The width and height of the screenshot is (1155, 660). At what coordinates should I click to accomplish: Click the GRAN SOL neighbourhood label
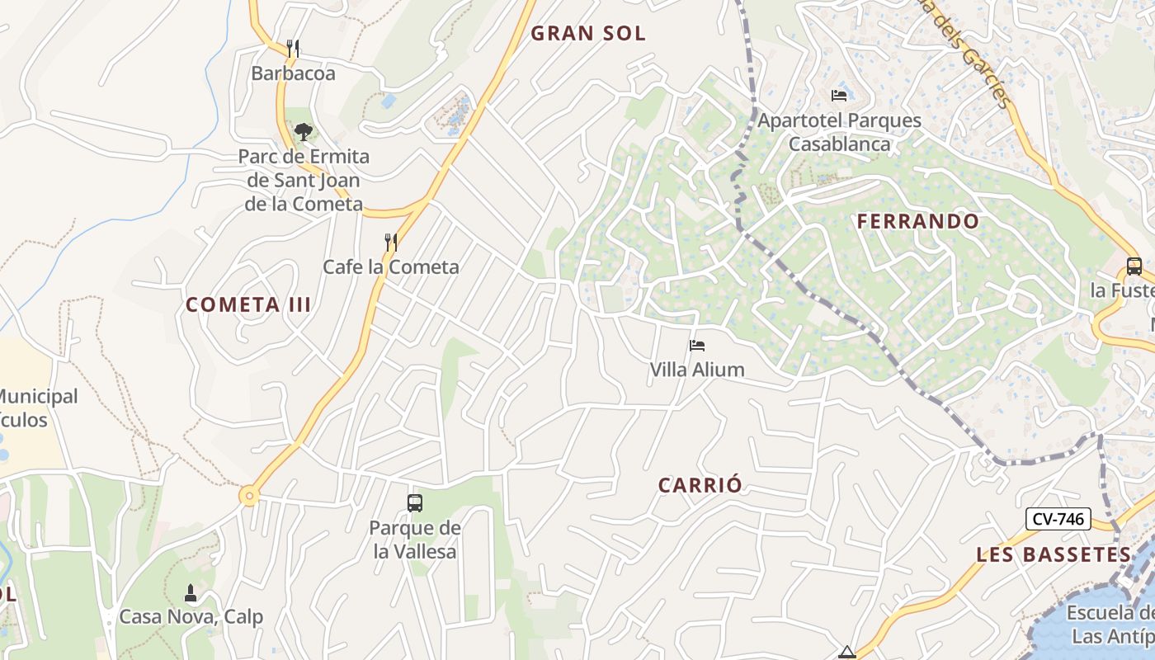pos(588,33)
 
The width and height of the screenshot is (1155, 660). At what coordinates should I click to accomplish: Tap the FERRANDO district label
pos(917,221)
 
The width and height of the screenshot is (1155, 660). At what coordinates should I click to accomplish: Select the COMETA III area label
pos(248,304)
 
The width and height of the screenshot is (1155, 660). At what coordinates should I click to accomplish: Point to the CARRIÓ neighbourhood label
pos(700,485)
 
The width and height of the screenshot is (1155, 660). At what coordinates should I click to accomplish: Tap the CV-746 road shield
pos(1058,519)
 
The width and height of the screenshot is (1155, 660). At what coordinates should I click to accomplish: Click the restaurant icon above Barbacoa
pos(293,49)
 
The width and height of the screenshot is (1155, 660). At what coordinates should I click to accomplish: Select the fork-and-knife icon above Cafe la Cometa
pos(391,242)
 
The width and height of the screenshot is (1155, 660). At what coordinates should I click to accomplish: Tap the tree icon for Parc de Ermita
pos(304,131)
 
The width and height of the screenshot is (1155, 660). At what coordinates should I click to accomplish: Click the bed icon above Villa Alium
pos(697,346)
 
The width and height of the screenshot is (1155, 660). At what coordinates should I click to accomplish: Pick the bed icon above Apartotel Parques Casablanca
pos(839,96)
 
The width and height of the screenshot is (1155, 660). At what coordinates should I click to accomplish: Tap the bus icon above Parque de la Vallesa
pos(414,502)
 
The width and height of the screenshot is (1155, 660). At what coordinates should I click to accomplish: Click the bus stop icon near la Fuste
pos(1134,266)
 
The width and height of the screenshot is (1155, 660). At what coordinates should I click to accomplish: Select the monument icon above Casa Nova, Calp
pos(191,592)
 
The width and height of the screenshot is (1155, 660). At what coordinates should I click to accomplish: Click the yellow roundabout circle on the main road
pos(248,497)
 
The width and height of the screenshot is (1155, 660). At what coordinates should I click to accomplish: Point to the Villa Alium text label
pos(697,370)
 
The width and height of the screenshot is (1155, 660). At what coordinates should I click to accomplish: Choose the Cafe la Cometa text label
pos(391,266)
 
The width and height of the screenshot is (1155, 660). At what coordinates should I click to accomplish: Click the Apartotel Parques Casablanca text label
pos(839,132)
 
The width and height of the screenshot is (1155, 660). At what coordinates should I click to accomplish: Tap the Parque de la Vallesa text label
pos(414,540)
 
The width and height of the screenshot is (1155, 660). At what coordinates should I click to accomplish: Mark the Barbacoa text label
pos(293,73)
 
